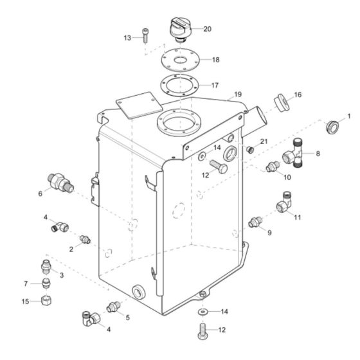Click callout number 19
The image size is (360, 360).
click(238, 94)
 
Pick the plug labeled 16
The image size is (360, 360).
click(279, 102)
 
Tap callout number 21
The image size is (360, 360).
click(264, 141)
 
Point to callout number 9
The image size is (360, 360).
click(269, 232)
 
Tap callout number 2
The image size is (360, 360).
click(72, 248)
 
